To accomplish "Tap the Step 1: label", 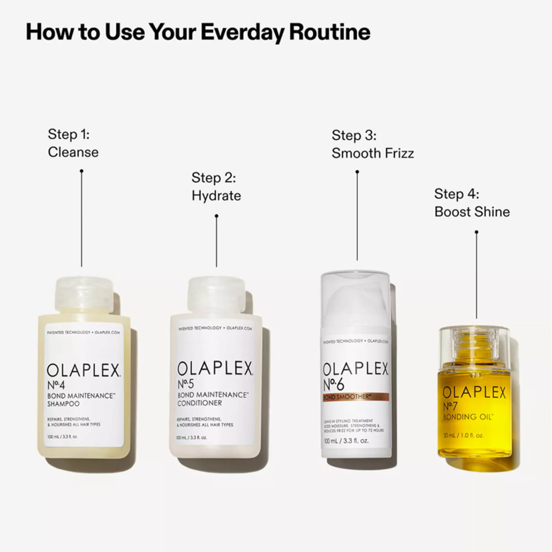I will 68,134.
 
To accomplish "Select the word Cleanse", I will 73,152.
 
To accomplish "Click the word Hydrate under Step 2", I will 216,196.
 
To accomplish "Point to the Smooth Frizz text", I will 372,153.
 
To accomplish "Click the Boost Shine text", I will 472,212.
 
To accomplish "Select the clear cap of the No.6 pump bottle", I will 355,294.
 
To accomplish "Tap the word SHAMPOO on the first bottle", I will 63,404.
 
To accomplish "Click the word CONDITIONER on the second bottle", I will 199,403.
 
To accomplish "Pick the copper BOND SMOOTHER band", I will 355,397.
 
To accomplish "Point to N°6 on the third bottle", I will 333,385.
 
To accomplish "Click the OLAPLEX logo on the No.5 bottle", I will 215,369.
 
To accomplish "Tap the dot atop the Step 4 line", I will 477,232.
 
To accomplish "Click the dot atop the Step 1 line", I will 82,171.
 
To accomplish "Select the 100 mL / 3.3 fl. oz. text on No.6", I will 346,440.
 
